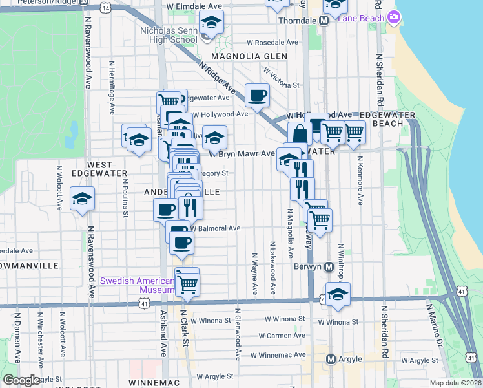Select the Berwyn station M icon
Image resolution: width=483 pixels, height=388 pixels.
point(329,266)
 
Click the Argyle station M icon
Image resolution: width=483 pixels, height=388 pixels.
point(331,359)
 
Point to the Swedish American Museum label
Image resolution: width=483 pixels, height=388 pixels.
point(138,285)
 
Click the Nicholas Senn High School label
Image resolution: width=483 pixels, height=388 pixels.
point(169,35)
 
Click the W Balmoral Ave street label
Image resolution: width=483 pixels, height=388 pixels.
point(215,228)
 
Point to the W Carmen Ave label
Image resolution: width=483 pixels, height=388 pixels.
point(282,336)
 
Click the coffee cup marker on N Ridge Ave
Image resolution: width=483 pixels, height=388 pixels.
point(257,96)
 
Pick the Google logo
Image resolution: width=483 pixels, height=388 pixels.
point(22,380)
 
